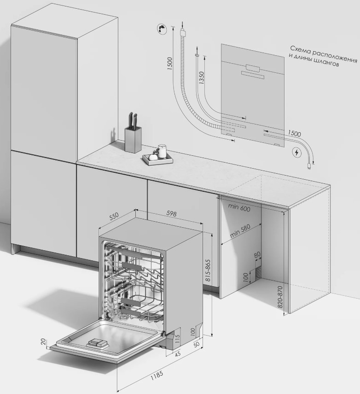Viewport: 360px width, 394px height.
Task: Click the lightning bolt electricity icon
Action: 297,153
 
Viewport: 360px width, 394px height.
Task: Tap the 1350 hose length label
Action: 201,77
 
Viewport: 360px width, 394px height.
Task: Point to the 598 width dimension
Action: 171,213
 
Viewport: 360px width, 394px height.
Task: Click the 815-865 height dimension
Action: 208,271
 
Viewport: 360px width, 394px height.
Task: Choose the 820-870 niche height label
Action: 280,296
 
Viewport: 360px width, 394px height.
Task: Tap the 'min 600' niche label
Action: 239,207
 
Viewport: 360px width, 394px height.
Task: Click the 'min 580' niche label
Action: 240,231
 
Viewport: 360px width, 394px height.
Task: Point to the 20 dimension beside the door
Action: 43,341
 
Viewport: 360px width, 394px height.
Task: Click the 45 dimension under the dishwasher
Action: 178,354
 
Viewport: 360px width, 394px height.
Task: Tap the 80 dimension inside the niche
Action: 257,255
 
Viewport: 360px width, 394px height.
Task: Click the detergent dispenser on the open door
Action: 98,343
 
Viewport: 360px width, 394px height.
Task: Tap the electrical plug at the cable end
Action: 308,165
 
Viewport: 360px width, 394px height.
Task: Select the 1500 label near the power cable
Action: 294,133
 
